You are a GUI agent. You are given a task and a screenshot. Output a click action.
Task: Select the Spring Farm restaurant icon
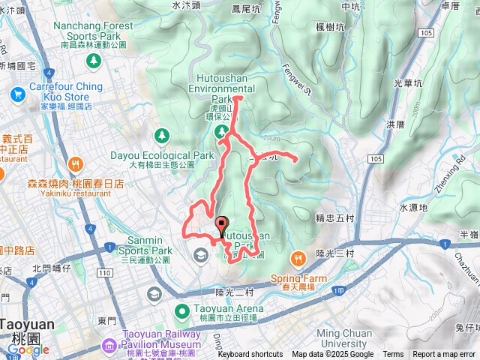pyautogui.click(x=298, y=259)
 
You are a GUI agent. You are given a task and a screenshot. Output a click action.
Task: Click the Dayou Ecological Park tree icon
pyautogui.click(x=160, y=135)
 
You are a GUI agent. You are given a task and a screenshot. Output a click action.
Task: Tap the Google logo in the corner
pyautogui.click(x=28, y=349)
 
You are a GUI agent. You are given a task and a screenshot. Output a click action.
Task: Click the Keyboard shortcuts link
pyautogui.click(x=250, y=355)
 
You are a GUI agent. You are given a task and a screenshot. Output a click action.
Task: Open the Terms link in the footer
pyautogui.click(x=393, y=355)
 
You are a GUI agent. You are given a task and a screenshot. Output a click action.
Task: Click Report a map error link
pyautogui.click(x=443, y=355)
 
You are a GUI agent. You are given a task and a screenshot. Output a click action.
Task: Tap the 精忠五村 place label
pyautogui.click(x=334, y=219)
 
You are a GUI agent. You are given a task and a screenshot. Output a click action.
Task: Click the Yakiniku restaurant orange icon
pyautogui.click(x=74, y=164)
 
